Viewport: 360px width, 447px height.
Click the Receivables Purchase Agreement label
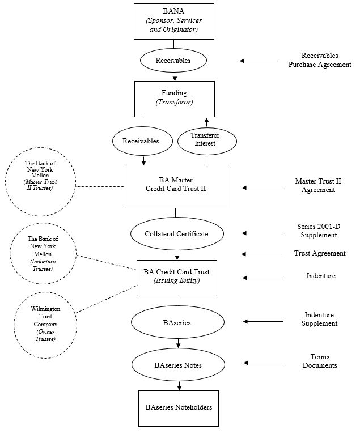point(320,60)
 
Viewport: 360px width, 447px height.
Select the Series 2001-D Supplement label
point(319,231)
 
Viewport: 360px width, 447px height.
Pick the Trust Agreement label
point(320,253)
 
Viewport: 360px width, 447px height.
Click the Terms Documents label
point(320,361)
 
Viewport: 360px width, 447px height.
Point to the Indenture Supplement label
point(319,319)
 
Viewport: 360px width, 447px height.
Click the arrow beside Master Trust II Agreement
point(262,188)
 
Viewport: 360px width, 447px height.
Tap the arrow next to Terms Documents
point(264,363)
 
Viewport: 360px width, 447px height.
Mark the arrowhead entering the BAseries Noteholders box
point(179,388)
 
